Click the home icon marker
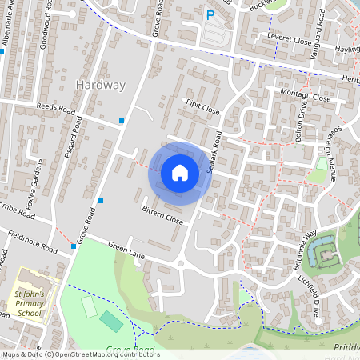point(180,173)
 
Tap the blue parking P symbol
point(210,14)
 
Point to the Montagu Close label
point(305,96)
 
